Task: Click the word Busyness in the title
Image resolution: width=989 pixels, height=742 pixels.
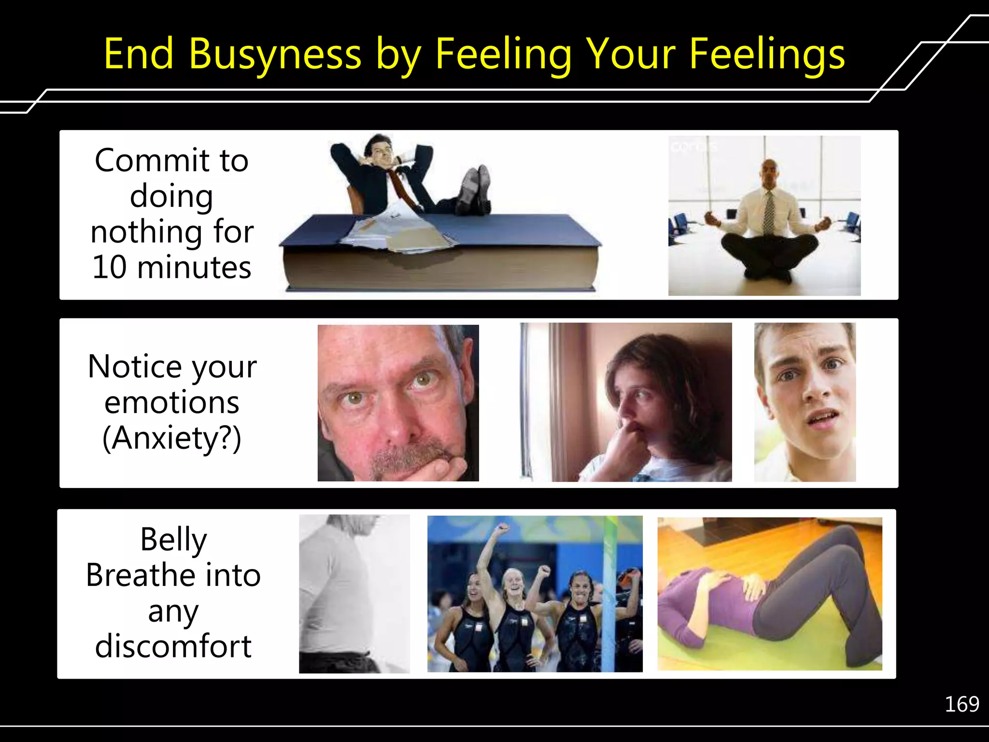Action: click(x=274, y=54)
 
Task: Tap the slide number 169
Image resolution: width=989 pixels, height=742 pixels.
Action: click(x=961, y=704)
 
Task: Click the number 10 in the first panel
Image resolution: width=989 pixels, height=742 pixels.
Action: click(x=110, y=267)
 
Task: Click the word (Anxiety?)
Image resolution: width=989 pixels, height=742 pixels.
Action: click(x=172, y=438)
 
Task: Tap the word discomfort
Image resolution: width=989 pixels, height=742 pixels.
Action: click(x=173, y=646)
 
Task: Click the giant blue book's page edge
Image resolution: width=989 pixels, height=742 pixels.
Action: click(x=439, y=271)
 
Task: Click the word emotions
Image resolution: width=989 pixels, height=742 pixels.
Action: click(x=172, y=403)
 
